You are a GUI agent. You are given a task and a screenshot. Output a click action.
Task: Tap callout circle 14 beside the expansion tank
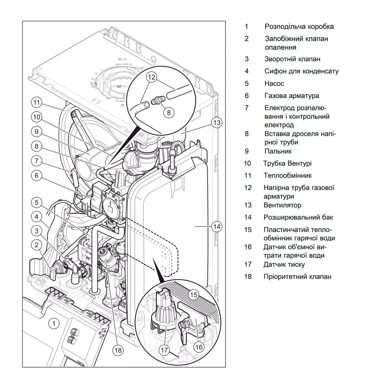[x=217, y=227]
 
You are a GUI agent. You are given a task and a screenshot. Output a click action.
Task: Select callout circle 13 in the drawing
[x=217, y=123]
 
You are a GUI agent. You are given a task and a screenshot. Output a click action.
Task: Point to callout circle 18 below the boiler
[x=118, y=350]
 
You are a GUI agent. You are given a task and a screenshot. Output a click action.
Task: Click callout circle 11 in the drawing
[x=36, y=103]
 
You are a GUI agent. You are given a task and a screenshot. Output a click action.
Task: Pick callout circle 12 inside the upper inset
[x=151, y=77]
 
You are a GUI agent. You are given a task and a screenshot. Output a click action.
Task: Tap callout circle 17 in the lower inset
[x=164, y=350]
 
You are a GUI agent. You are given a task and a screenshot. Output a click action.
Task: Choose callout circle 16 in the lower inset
[x=199, y=347]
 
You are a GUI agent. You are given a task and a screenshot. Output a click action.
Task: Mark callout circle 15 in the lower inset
[x=193, y=295]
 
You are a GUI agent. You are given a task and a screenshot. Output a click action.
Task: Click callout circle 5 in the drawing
[x=36, y=202]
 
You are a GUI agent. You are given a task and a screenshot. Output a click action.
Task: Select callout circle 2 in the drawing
[x=36, y=244]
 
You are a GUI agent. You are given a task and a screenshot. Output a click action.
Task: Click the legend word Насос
[x=274, y=83]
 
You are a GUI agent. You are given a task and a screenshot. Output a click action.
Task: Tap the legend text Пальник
[x=278, y=151]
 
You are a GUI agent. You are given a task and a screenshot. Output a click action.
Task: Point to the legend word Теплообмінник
[x=288, y=176]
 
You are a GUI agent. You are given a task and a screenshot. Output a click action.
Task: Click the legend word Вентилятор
[x=283, y=205]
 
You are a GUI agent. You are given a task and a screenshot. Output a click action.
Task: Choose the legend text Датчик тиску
[x=284, y=264]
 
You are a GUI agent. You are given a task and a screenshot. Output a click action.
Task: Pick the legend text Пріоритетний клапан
[x=297, y=277]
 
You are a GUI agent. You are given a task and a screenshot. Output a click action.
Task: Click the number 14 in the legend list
[x=247, y=217]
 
